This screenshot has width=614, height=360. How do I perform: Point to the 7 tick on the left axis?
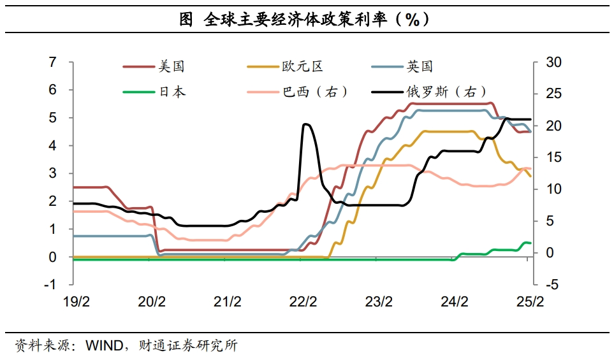[x=53, y=62]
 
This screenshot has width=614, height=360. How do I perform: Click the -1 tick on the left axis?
[x=50, y=285]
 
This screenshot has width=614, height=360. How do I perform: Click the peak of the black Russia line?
[x=306, y=124]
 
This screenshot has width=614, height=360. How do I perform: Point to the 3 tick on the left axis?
[x=53, y=173]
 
